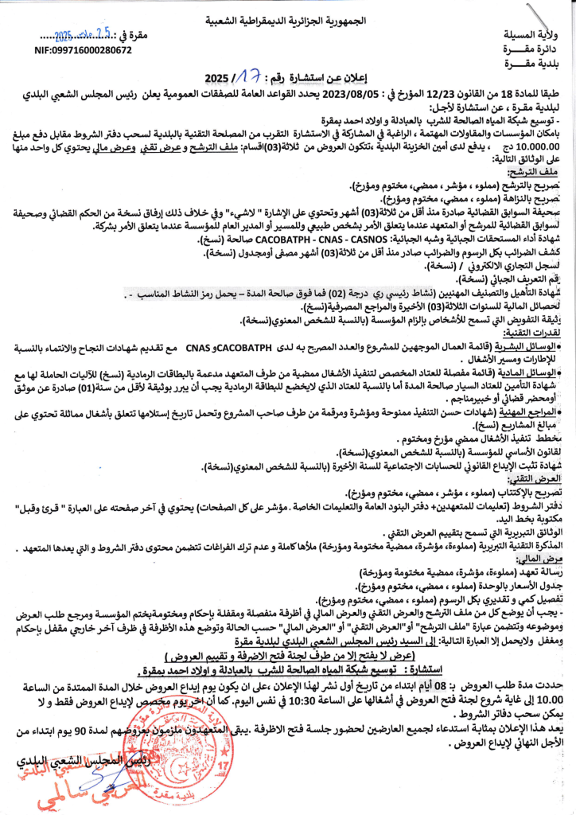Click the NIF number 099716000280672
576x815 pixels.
(84, 49)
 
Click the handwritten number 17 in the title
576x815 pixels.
(247, 77)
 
